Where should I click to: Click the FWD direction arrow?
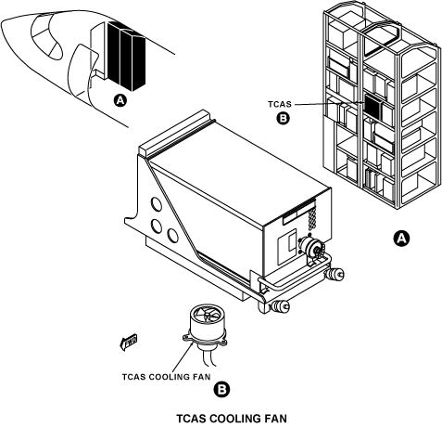(x=128, y=343)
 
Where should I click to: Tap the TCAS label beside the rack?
(x=280, y=104)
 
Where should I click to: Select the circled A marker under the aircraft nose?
(x=120, y=100)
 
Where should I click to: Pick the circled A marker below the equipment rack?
(x=401, y=239)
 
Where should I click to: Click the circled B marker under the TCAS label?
(x=284, y=118)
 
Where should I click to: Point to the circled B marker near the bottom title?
(x=222, y=390)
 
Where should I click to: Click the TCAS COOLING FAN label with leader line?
(x=166, y=377)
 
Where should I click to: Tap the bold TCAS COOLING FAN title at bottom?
(x=232, y=419)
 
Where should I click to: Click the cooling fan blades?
(x=207, y=316)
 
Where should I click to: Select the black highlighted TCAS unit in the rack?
(x=373, y=107)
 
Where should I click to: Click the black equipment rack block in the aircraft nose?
(x=126, y=55)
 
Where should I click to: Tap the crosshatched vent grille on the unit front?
(x=312, y=219)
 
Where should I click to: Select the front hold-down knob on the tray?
(x=280, y=306)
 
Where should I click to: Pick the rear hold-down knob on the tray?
(x=335, y=274)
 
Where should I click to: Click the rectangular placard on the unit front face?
(x=286, y=247)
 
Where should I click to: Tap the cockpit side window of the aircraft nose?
(x=46, y=36)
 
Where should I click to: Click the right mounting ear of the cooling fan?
(x=222, y=342)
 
